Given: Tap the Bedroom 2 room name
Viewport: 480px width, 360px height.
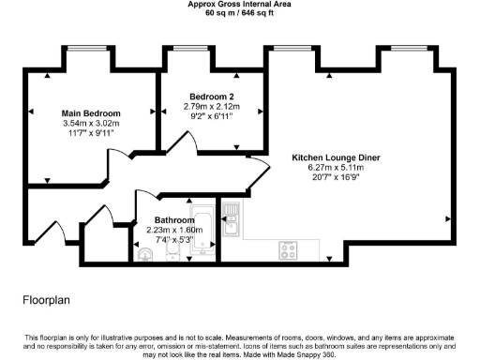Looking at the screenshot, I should (x=211, y=97).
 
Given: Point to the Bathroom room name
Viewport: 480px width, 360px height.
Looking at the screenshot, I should (x=175, y=220).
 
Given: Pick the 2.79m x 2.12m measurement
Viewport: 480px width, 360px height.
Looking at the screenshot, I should (x=211, y=107).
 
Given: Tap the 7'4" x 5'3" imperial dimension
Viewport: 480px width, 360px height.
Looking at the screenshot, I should (x=175, y=240).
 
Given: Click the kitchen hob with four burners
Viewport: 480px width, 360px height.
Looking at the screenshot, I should (x=289, y=250).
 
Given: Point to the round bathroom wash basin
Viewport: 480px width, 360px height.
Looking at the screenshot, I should (x=143, y=253).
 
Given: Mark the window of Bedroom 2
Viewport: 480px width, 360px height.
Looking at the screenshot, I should (x=187, y=47).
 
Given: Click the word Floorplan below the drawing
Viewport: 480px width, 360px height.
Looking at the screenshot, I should (x=46, y=301).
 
